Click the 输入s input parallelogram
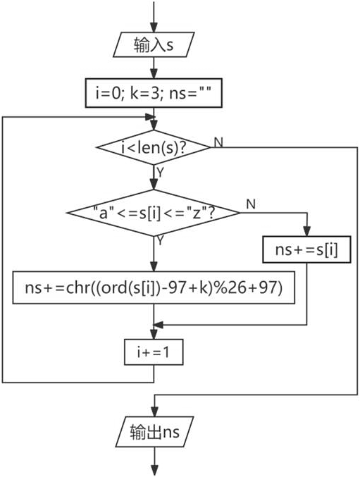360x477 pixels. coord(154,44)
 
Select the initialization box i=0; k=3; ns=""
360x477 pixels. coord(154,93)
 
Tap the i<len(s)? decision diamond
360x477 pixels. coord(154,147)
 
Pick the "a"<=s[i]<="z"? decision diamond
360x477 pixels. coord(154,213)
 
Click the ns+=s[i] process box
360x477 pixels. coord(306,249)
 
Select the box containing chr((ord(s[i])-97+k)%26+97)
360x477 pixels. coord(154,287)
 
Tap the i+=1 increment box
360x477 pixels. coord(154,352)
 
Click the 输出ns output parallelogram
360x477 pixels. coord(154,432)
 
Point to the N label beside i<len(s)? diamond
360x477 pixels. coord(218,142)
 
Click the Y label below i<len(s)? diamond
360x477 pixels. coord(160,173)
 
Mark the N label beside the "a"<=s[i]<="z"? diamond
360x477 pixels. coord(251,204)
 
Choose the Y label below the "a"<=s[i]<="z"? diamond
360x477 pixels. coord(160,241)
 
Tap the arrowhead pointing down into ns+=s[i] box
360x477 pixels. coord(306,231)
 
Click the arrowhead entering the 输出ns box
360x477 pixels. coord(154,411)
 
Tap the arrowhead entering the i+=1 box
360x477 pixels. coord(154,334)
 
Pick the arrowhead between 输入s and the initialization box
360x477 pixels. coord(154,73)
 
